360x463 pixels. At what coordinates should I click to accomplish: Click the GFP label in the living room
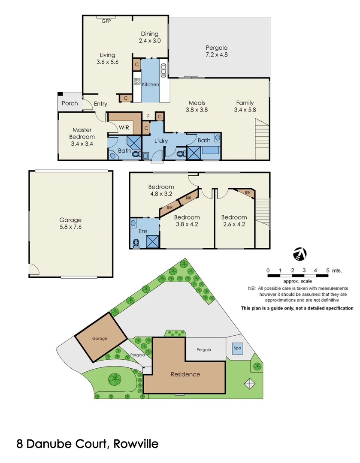click(106, 21)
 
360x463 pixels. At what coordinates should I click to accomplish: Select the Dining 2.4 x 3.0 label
click(149, 37)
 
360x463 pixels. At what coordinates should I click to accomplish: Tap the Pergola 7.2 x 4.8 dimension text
click(216, 51)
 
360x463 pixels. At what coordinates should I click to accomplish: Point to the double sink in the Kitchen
click(163, 70)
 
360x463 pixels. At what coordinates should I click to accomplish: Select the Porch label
click(70, 103)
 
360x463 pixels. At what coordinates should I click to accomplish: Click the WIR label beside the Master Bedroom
click(124, 128)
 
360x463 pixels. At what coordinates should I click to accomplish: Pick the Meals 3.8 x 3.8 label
click(197, 106)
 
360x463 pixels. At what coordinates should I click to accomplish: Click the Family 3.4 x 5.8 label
click(245, 106)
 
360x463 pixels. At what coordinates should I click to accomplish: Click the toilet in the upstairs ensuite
click(136, 243)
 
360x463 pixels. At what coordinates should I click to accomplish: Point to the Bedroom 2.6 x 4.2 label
click(234, 220)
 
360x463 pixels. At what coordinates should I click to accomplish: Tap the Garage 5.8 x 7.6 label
click(70, 223)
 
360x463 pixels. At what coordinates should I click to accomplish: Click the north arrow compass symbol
click(299, 254)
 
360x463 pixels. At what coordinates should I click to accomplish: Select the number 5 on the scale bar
click(327, 271)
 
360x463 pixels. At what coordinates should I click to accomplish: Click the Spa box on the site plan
click(237, 349)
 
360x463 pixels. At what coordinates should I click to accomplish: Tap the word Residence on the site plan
click(185, 374)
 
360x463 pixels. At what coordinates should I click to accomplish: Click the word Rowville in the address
click(137, 444)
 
